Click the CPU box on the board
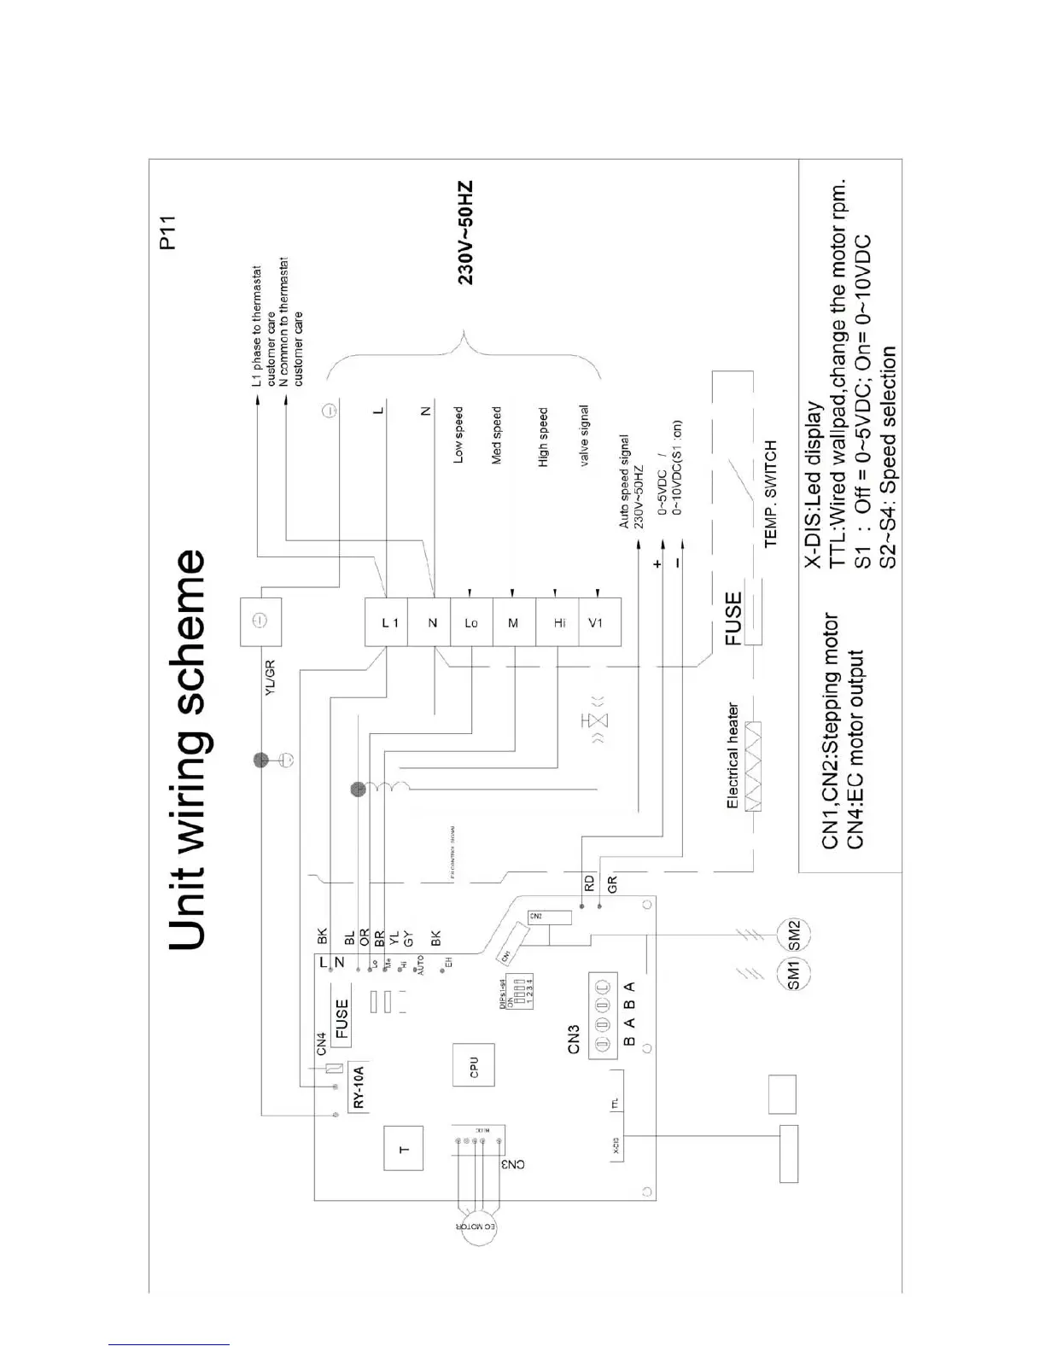[473, 1065]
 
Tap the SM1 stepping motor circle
[793, 974]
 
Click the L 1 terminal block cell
[388, 622]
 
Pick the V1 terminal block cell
[598, 622]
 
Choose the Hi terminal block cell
[558, 622]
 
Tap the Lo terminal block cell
[471, 622]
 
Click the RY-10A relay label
[359, 1087]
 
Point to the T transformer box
[405, 1149]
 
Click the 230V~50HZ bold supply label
[464, 233]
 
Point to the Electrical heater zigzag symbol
[753, 766]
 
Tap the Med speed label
[496, 435]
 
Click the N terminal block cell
[432, 622]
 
